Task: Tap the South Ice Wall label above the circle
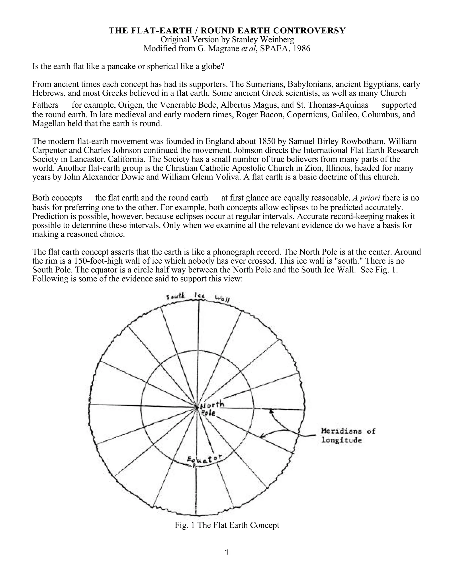pos(198,297)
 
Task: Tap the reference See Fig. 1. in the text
pos(379,270)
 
